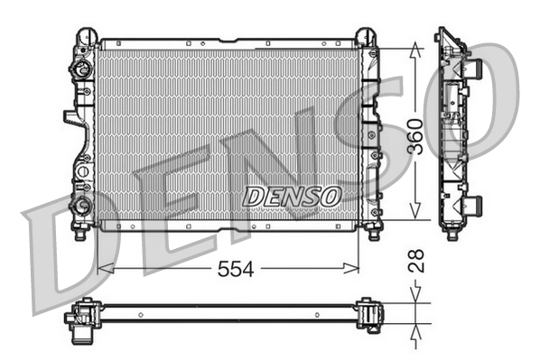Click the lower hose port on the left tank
(84, 204)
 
